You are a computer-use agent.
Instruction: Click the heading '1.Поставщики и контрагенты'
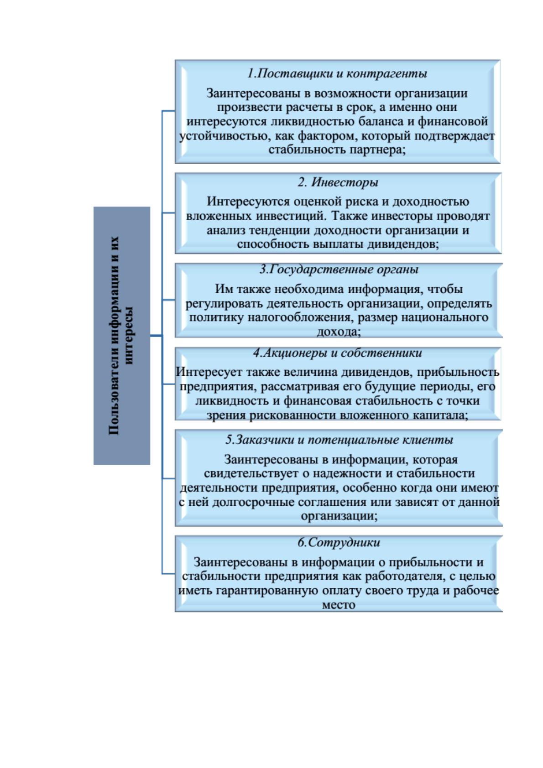[x=337, y=74]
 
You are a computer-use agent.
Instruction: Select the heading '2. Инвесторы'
[x=338, y=182]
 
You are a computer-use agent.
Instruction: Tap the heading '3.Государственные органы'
[x=339, y=270]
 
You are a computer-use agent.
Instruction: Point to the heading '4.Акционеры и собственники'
[x=338, y=353]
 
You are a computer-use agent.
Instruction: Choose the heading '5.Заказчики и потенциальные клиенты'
[x=339, y=440]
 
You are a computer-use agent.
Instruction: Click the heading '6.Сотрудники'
[x=339, y=543]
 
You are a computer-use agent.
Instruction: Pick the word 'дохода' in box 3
[x=338, y=332]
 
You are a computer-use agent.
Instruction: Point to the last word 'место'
[x=338, y=605]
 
